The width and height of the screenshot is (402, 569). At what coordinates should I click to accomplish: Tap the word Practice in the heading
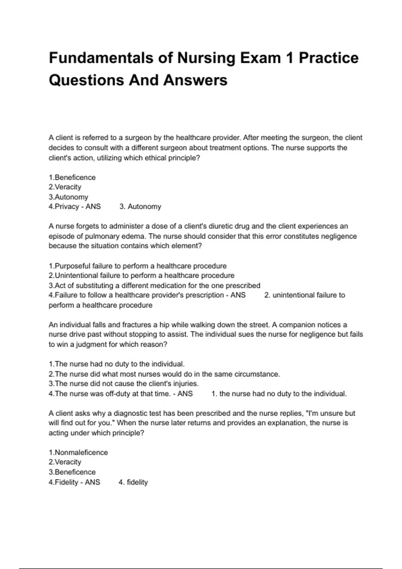pos(328,58)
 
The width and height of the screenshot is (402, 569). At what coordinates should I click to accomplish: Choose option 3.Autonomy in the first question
pos(68,197)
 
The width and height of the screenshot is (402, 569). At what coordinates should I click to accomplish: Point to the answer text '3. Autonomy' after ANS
pos(140,207)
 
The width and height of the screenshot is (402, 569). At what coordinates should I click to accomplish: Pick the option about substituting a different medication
pos(154,286)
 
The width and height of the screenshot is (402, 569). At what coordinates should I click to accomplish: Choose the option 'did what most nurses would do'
pos(164,374)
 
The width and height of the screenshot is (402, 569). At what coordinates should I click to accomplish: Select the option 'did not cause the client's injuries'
pos(124,384)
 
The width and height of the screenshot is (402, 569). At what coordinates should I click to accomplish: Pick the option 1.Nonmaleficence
pos(78,453)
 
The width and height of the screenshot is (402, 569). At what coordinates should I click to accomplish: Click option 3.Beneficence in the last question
pos(72,472)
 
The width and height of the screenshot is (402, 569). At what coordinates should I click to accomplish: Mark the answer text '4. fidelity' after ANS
pos(133,482)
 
